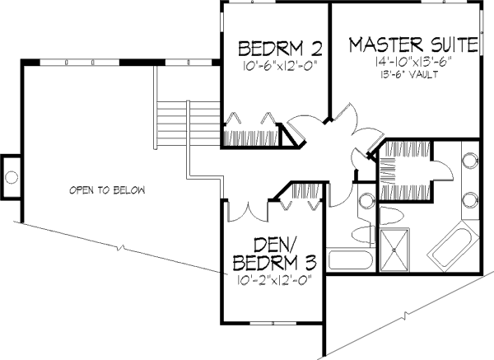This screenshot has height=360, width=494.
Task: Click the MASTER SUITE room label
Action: (411, 44)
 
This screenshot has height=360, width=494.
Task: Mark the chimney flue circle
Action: (12, 175)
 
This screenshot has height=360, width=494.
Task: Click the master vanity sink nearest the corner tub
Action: (472, 199)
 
